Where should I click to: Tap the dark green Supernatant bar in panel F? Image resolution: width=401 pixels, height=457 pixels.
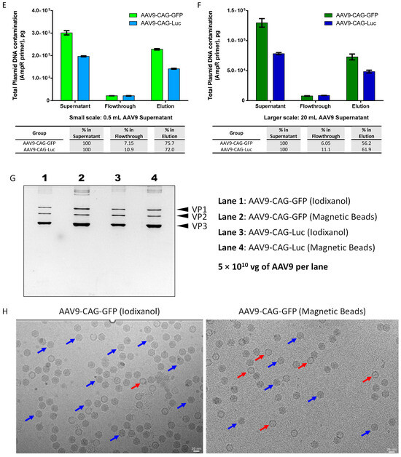point(262,61)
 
